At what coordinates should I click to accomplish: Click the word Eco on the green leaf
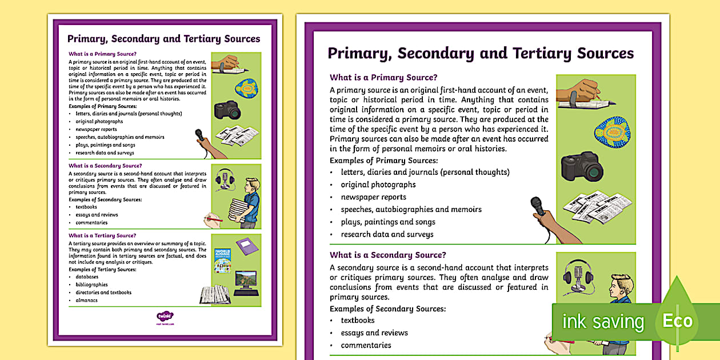click(x=677, y=321)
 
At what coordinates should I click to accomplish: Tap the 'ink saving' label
click(x=603, y=322)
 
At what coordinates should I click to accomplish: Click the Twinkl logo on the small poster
click(x=165, y=315)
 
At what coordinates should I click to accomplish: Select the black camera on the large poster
click(x=582, y=166)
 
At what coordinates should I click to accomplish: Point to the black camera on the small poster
click(x=227, y=109)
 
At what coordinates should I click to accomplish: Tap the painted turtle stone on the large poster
click(x=611, y=134)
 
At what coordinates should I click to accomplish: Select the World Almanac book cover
click(x=222, y=260)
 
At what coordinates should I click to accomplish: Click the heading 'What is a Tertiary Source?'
click(x=102, y=235)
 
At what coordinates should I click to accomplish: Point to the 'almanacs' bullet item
click(x=86, y=300)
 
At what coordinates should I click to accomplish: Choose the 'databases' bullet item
click(x=87, y=277)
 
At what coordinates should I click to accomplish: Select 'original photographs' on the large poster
click(x=378, y=185)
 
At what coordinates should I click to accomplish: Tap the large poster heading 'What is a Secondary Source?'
click(x=388, y=255)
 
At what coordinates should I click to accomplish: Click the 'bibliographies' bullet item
click(x=91, y=285)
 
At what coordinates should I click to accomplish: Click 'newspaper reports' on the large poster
click(x=374, y=197)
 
